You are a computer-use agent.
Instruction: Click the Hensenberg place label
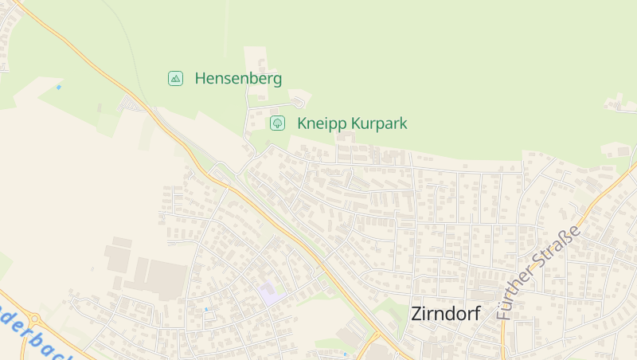[x=238, y=78]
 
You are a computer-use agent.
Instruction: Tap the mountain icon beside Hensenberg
[x=175, y=78]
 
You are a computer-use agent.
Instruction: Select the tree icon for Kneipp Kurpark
[x=277, y=123]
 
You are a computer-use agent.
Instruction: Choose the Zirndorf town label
[x=445, y=313]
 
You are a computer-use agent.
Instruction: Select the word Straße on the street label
[x=563, y=243]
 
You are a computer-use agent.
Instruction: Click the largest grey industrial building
[x=166, y=279]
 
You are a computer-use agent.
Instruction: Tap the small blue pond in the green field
[x=58, y=87]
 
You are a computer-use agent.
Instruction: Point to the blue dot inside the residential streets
[x=206, y=309]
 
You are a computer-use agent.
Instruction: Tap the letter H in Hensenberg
[x=200, y=78]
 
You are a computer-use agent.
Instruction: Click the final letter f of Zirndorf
[x=476, y=313]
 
